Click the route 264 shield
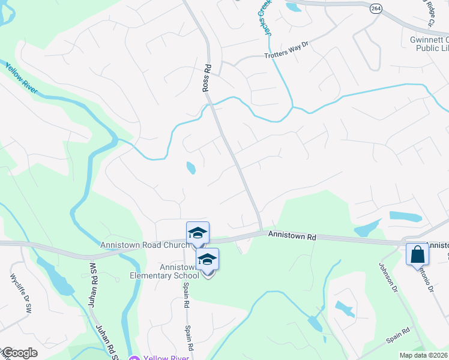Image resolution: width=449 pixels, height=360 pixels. [x=376, y=8]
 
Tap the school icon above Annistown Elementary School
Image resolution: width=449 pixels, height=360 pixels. [x=208, y=259]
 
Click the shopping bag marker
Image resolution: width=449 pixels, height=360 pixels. [x=417, y=254]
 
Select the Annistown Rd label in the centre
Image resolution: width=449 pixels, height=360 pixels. [x=292, y=236]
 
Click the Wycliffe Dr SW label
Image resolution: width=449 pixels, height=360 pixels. [x=20, y=293]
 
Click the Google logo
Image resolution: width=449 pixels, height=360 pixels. [x=19, y=353]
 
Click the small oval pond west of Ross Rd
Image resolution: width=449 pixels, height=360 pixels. [x=191, y=168]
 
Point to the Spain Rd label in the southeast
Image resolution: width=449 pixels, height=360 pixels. [x=398, y=335]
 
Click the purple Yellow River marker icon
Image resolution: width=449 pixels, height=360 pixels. [x=134, y=358]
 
